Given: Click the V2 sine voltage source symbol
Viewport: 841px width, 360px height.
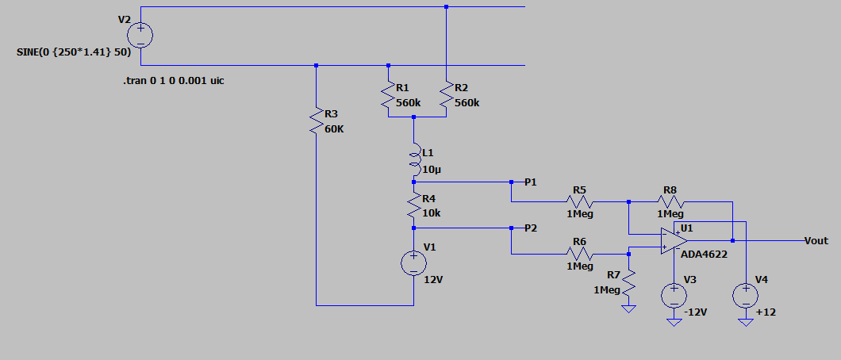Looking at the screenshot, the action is tap(140, 36).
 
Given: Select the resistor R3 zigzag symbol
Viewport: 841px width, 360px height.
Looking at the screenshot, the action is tap(316, 122).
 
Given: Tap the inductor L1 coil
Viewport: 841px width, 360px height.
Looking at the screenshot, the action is tap(414, 159).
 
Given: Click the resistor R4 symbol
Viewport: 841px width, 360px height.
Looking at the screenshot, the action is tap(413, 205).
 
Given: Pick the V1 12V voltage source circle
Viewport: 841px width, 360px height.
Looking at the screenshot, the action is tap(413, 263).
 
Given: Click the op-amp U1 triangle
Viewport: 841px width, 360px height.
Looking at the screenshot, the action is tap(674, 241).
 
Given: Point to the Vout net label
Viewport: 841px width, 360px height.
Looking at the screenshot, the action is tap(816, 241).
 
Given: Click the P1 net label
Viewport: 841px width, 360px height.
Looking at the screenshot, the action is tap(531, 182).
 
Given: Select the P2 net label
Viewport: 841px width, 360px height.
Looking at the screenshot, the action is tap(531, 228).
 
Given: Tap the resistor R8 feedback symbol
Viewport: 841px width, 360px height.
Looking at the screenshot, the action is tap(670, 201).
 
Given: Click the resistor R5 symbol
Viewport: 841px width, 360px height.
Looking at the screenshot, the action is tap(579, 201).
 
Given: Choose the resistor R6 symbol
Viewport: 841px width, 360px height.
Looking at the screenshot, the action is tap(579, 254).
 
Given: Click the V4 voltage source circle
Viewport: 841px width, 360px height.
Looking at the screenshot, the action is tap(746, 295).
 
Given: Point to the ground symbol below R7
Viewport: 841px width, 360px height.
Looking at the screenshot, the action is tap(628, 309).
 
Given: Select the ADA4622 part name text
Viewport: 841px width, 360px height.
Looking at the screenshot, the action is tap(705, 255).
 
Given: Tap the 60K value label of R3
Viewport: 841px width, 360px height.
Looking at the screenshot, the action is tap(334, 129).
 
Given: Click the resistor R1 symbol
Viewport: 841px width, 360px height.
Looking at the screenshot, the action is tap(388, 97).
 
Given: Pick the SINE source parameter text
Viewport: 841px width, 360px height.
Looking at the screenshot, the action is tap(74, 53).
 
